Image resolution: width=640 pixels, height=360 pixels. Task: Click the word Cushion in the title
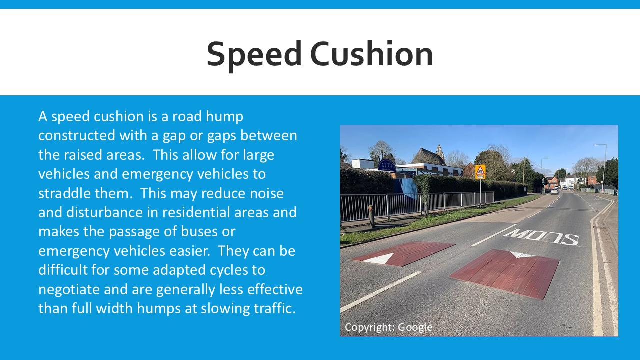371,54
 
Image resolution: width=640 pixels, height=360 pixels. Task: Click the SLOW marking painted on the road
541,237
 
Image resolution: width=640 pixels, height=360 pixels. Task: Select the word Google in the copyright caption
415,327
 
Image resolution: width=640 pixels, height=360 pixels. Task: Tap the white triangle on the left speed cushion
377,259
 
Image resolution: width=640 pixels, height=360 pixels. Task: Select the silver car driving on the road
554,191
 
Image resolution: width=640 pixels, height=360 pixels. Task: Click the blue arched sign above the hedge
387,165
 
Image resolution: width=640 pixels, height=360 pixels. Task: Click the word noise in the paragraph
267,193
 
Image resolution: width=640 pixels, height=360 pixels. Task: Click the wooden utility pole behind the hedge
524,171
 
